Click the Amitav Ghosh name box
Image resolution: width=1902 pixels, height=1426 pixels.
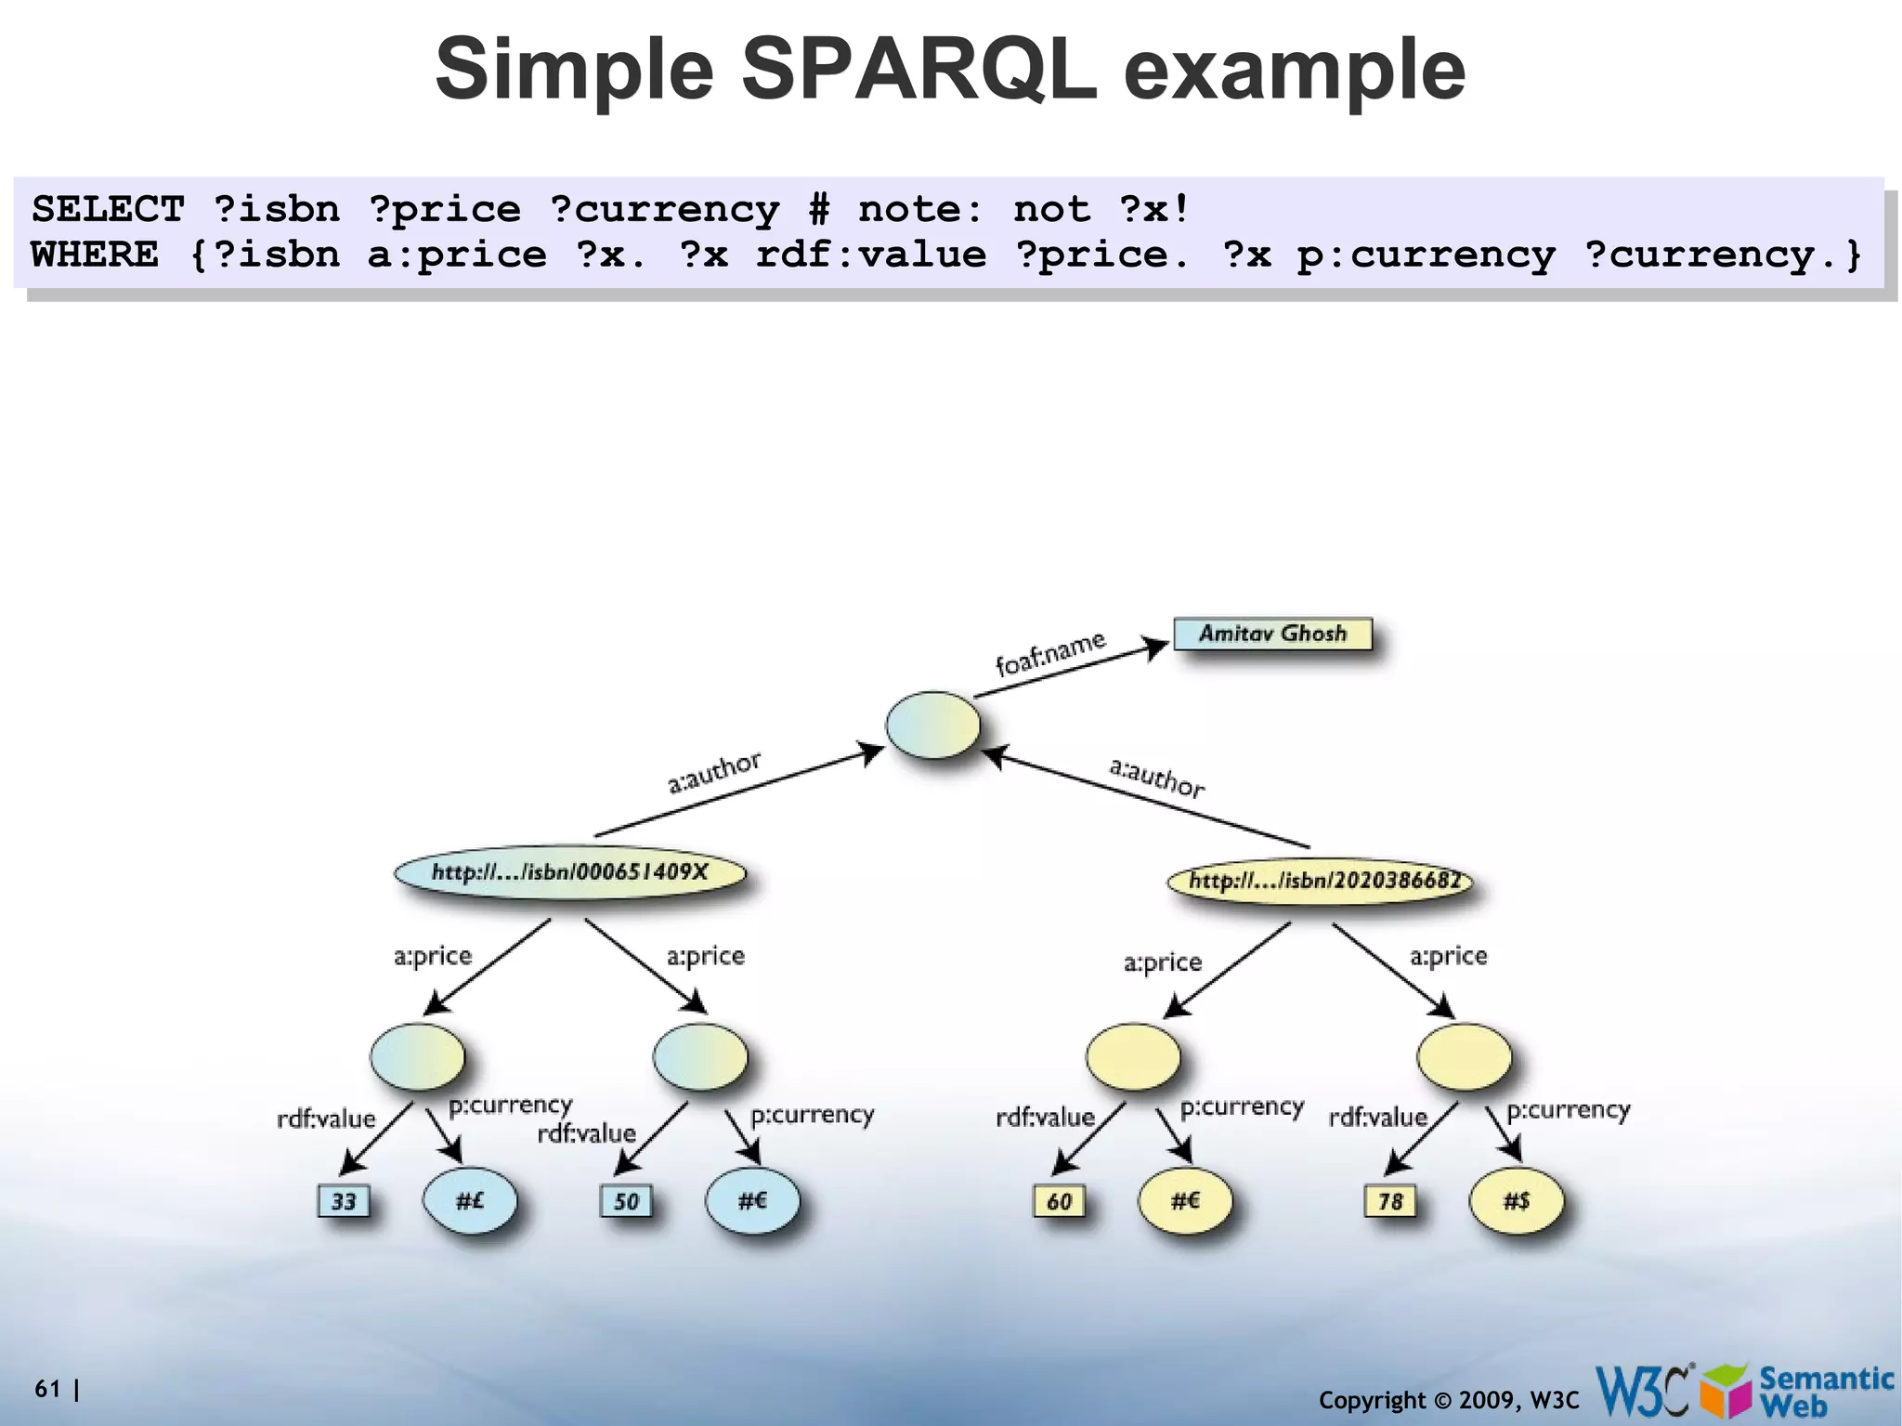click(1272, 634)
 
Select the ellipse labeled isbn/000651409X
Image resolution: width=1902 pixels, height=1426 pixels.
click(569, 872)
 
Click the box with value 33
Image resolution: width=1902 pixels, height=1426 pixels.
click(344, 1201)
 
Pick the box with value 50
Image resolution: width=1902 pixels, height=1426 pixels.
click(626, 1201)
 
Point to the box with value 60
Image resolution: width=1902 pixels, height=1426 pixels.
click(1059, 1201)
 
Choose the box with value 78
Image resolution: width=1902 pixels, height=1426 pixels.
click(1390, 1201)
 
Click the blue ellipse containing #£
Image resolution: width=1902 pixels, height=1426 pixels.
click(470, 1200)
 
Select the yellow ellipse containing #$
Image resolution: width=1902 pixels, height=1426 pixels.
click(1516, 1200)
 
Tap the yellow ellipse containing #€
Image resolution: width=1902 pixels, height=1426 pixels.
click(1185, 1200)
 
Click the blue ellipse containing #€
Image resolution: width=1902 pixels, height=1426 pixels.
click(752, 1200)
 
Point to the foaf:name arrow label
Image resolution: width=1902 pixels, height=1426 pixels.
click(1050, 653)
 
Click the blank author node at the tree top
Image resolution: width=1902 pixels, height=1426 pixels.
click(932, 725)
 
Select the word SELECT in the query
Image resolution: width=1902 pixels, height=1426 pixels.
click(109, 209)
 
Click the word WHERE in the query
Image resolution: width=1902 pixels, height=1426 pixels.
click(95, 255)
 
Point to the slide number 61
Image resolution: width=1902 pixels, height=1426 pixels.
click(48, 1389)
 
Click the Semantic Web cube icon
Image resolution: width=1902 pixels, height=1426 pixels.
click(1727, 1391)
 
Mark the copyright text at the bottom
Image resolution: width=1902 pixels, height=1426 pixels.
click(1448, 1400)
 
